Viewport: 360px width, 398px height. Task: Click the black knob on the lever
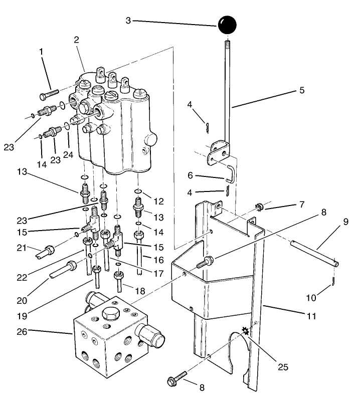click(227, 26)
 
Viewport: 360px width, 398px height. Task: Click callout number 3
click(129, 21)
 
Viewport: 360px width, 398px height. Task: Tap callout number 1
click(42, 51)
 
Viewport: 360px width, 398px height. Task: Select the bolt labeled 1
click(48, 94)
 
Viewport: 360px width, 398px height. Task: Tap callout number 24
click(68, 155)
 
